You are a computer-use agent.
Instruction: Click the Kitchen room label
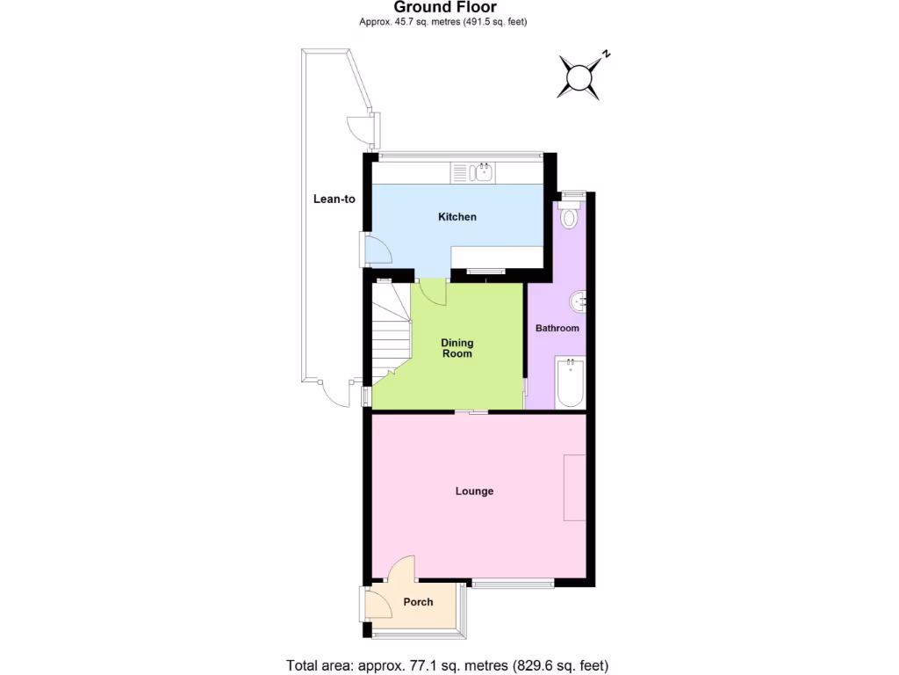457,217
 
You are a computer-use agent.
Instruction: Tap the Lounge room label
474,491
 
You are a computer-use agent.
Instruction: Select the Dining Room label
457,348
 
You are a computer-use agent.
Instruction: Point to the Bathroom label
557,329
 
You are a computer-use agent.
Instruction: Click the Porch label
418,602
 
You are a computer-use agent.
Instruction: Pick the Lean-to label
334,199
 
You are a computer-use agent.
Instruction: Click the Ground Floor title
445,8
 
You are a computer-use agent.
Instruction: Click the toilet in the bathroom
570,214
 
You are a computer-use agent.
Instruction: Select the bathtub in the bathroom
570,382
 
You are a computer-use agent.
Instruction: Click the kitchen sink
474,172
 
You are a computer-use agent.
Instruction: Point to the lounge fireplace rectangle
574,488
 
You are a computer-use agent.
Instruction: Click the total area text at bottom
447,665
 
